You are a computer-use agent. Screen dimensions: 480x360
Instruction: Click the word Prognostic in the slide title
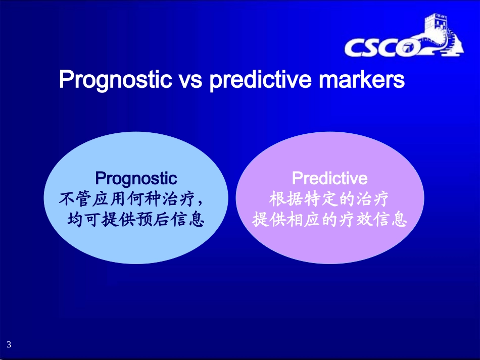click(115, 80)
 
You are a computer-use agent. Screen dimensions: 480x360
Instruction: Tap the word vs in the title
click(190, 80)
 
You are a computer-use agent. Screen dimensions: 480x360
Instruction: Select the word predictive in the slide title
click(261, 80)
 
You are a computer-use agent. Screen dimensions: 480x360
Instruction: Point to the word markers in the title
click(362, 79)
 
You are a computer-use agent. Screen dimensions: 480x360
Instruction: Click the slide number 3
click(9, 344)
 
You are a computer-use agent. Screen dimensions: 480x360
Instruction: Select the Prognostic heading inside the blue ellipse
click(136, 178)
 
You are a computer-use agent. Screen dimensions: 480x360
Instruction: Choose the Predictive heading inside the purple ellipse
click(330, 178)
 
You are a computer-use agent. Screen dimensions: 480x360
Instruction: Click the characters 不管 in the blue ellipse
click(75, 199)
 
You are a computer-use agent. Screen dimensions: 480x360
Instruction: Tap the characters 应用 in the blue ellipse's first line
click(109, 199)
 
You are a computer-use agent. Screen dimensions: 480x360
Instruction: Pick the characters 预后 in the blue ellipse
click(153, 219)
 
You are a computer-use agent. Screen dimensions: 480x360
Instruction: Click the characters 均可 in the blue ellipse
click(83, 219)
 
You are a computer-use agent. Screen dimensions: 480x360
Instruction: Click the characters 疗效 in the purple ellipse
click(355, 219)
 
